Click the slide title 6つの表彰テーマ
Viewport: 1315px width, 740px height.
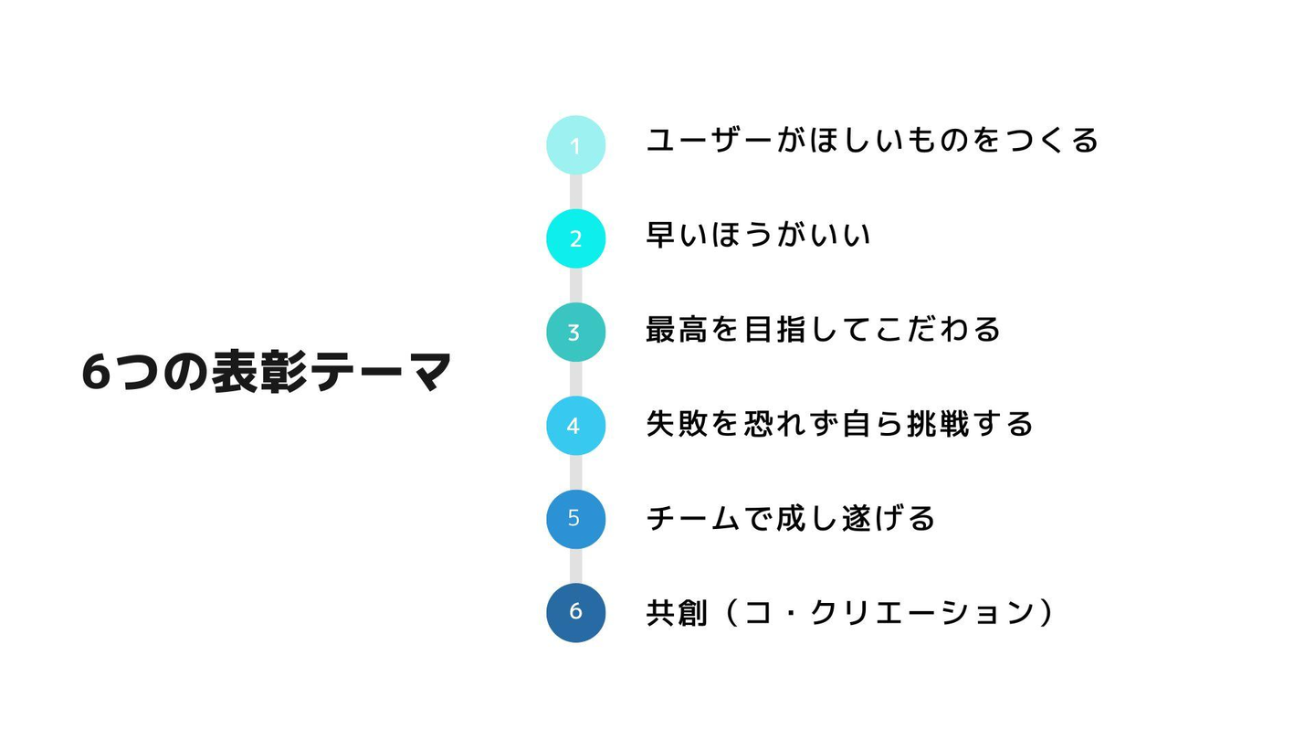[x=267, y=372]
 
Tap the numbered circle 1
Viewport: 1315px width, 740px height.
[x=575, y=145]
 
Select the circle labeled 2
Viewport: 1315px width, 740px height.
[x=575, y=238]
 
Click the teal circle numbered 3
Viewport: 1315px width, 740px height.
[x=575, y=332]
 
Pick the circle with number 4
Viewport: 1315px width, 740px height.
[x=575, y=425]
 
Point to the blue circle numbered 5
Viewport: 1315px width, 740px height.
[x=575, y=519]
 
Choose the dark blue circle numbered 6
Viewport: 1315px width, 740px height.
[x=575, y=612]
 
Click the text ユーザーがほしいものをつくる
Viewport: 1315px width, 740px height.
[x=872, y=141]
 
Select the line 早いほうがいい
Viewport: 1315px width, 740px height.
[x=758, y=235]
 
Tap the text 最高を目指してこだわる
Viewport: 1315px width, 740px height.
[x=823, y=329]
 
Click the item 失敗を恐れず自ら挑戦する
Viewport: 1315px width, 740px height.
[x=839, y=424]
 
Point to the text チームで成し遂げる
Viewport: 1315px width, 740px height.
[x=790, y=518]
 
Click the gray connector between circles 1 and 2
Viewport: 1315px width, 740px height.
[x=575, y=192]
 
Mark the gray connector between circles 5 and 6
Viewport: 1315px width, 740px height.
[x=575, y=566]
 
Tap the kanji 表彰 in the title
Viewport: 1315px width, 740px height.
[x=258, y=372]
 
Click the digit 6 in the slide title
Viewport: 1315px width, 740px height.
[x=96, y=373]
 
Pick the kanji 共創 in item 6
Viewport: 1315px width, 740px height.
[x=677, y=612]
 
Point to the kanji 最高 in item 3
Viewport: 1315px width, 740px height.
[x=677, y=329]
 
